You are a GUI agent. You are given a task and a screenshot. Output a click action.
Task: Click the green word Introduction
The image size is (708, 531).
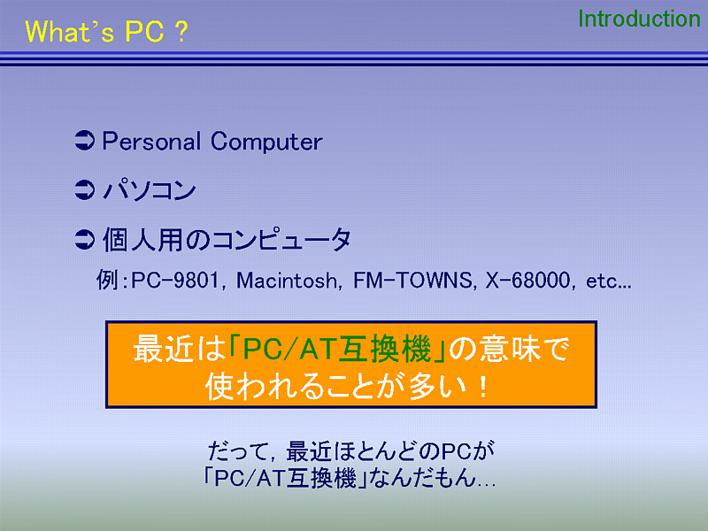639,19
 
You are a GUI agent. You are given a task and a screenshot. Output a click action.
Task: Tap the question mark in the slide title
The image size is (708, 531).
181,32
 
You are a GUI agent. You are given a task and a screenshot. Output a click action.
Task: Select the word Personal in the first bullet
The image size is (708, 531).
151,142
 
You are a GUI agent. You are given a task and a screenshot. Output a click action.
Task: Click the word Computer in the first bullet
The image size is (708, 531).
266,142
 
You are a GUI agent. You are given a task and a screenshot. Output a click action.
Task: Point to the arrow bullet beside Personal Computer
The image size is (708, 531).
84,141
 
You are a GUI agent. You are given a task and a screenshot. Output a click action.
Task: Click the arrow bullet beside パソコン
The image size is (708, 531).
84,189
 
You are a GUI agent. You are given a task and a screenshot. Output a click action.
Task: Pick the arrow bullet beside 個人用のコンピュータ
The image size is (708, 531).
84,239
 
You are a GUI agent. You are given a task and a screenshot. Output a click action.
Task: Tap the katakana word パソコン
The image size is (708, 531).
150,189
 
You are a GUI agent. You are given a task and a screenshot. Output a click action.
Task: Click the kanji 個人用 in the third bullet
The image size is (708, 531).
142,239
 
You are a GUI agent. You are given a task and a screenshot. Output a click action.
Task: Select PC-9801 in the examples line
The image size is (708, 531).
175,281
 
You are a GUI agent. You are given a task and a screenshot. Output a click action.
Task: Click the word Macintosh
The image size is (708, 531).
287,281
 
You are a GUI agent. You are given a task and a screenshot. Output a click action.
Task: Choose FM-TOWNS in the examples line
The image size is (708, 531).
412,281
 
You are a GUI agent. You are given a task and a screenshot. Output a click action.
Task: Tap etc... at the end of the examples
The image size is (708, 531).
608,281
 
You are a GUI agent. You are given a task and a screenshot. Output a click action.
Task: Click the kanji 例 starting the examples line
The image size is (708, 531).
107,280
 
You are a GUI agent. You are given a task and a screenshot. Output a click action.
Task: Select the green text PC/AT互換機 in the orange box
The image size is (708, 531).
337,350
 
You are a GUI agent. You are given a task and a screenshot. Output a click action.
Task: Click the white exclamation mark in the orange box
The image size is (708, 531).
483,388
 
